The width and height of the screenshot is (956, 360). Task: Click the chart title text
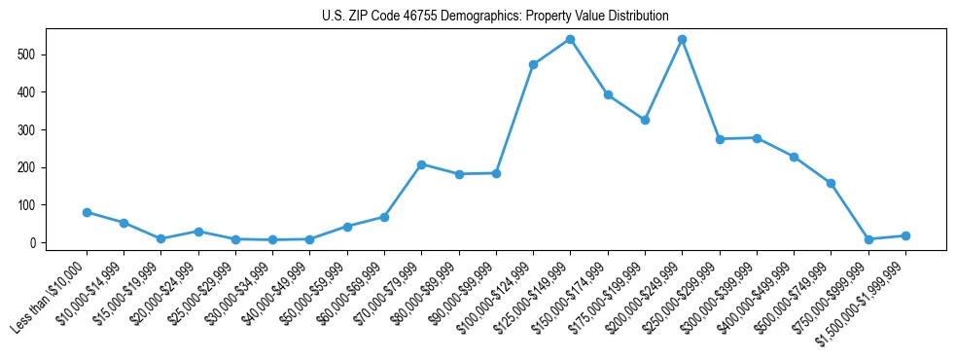point(495,16)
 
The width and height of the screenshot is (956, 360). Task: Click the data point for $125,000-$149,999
point(570,40)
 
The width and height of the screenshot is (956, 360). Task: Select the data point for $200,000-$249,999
point(682,40)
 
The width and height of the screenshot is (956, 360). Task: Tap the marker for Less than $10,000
point(87,212)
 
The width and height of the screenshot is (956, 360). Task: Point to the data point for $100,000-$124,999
point(533,64)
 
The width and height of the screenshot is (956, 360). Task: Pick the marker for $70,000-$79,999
point(421,164)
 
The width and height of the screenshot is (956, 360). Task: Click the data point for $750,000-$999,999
point(868,239)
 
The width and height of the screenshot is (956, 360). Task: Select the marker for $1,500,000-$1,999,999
point(905,235)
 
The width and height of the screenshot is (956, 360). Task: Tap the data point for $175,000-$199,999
point(645,120)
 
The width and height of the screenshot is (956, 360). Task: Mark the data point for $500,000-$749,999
point(831,183)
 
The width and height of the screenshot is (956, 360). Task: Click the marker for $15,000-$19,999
point(160,238)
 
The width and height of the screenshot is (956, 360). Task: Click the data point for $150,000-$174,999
point(608,94)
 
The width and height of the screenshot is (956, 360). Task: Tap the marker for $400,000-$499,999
point(794,157)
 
